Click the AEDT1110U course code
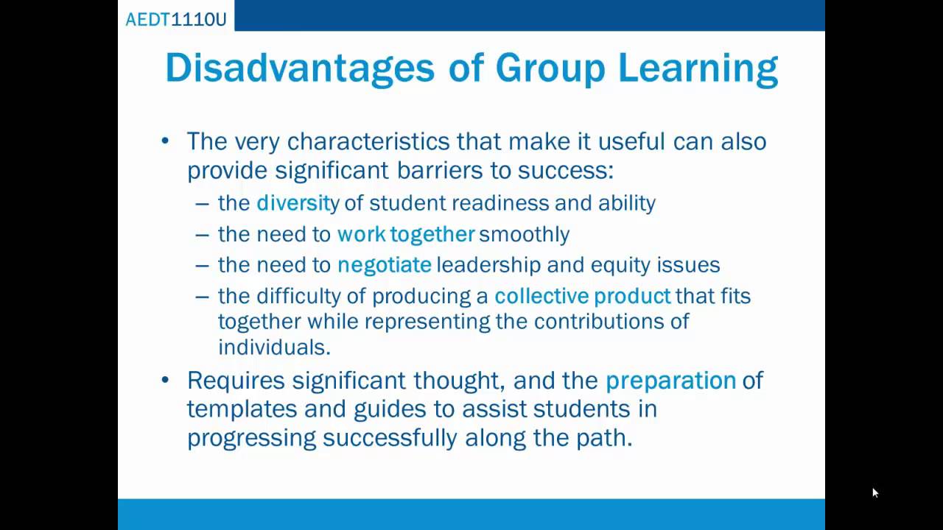(x=176, y=19)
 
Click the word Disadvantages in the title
(x=300, y=68)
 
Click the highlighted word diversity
(x=298, y=203)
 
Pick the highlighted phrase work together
(x=406, y=234)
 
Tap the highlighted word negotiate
(x=385, y=265)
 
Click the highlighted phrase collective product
(x=582, y=296)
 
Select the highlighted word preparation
(x=670, y=380)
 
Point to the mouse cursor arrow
(x=874, y=492)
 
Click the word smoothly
(x=524, y=234)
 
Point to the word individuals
(x=274, y=347)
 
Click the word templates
(x=242, y=409)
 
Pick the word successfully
(x=390, y=438)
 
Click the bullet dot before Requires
(x=165, y=380)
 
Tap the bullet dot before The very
(x=165, y=141)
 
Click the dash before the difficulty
(x=203, y=296)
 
